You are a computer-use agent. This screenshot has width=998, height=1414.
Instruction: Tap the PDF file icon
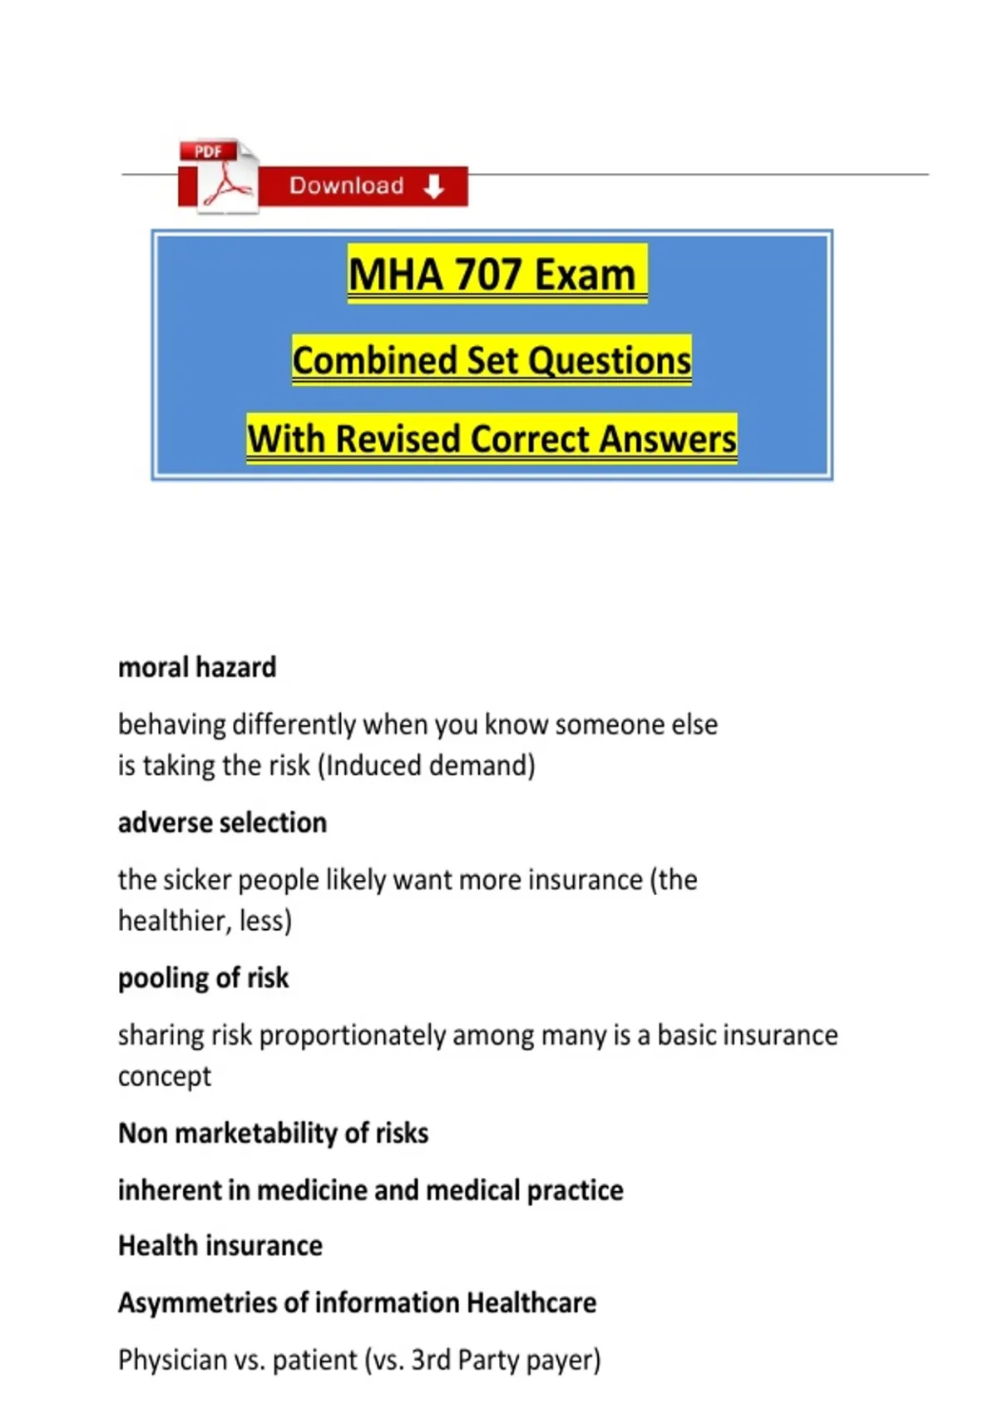tap(219, 176)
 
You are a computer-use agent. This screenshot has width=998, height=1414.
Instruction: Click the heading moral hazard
tap(197, 667)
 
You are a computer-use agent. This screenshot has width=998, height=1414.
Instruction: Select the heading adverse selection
tap(222, 823)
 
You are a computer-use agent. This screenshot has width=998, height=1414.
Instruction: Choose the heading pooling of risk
tap(203, 978)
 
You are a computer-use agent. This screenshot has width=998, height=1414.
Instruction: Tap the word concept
tap(165, 1076)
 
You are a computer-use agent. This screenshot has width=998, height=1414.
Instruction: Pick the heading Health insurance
tap(220, 1245)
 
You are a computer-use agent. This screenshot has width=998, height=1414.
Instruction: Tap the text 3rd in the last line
tap(431, 1360)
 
